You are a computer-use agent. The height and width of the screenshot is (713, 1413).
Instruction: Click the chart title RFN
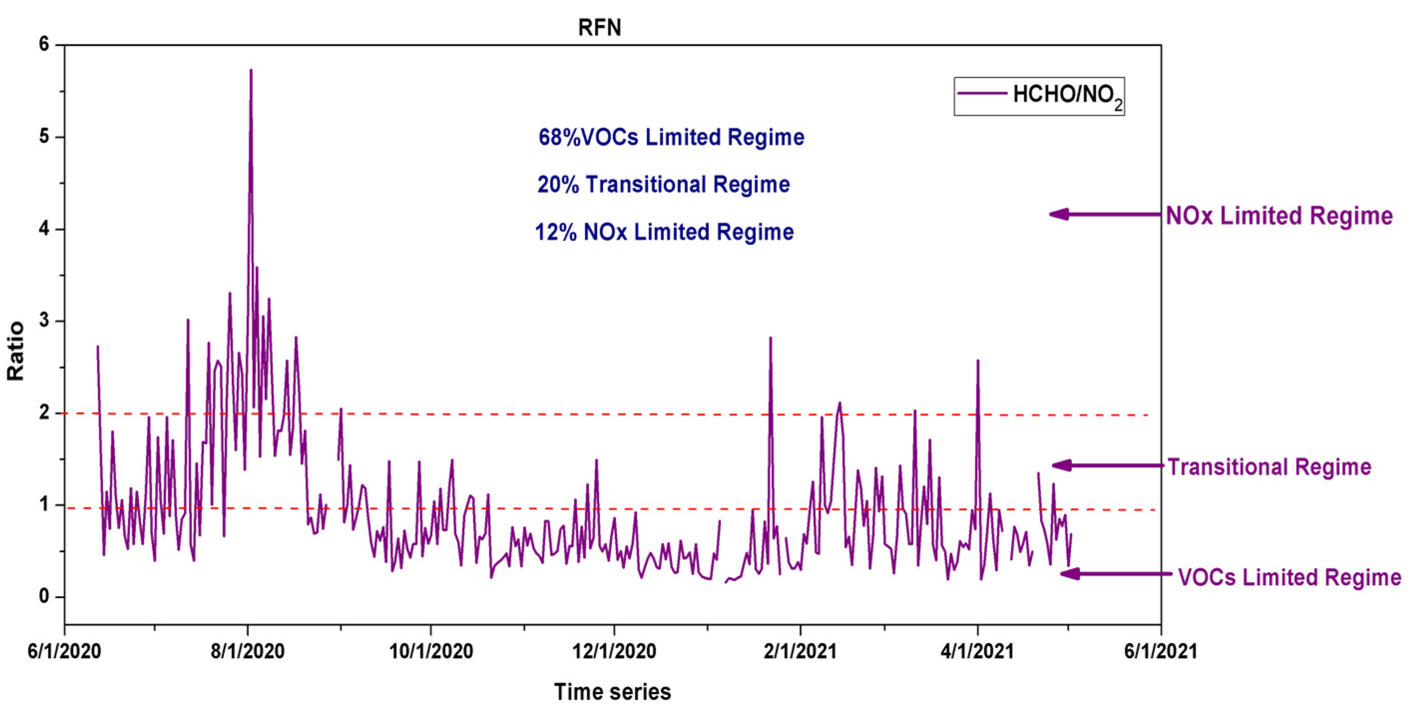point(600,27)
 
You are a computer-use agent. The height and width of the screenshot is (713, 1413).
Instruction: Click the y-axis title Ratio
point(16,351)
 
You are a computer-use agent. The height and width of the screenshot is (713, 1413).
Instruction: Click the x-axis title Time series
point(612,692)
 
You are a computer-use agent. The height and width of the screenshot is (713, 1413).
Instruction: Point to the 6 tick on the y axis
point(44,44)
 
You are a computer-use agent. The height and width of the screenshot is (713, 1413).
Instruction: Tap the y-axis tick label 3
point(44,321)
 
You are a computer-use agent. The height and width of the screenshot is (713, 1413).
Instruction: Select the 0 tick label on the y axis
point(44,596)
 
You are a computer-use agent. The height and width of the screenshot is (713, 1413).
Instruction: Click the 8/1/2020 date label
point(247,652)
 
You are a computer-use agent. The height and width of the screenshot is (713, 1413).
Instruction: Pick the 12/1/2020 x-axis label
point(614,652)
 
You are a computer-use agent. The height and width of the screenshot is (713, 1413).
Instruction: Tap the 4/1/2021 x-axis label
point(977,652)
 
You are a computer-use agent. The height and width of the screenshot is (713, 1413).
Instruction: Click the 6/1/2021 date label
point(1160,652)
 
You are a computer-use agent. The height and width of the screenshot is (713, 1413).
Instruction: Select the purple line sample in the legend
point(982,94)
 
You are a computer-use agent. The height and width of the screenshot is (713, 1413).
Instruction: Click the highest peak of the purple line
point(250,71)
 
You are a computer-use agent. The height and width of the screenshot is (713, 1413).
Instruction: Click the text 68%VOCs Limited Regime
point(671,137)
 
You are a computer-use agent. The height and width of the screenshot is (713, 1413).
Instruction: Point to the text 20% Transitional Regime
point(663,185)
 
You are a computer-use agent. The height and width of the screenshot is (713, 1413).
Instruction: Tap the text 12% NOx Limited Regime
point(664,233)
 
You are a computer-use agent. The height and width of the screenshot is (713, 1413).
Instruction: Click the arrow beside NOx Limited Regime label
point(1104,215)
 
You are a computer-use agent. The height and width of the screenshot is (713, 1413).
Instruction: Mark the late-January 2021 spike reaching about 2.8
point(770,338)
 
